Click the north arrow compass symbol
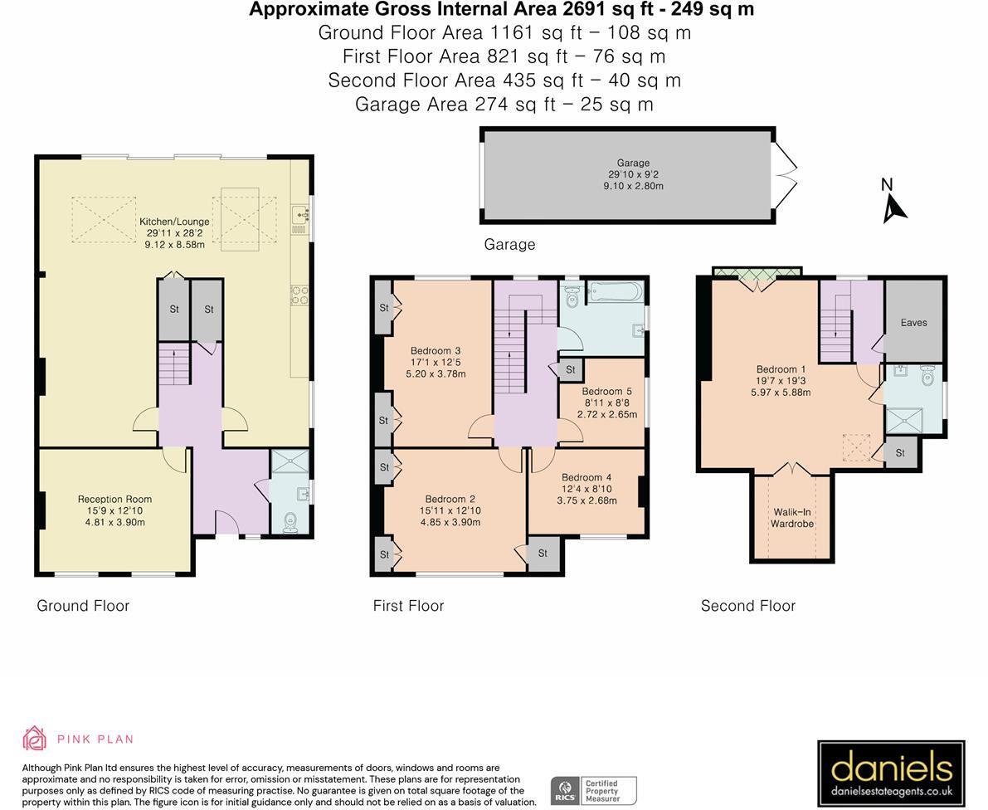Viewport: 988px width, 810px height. tap(893, 202)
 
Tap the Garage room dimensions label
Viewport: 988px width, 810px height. tap(633, 175)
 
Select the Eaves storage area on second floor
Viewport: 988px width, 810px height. tap(913, 322)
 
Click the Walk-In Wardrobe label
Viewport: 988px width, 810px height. tap(791, 518)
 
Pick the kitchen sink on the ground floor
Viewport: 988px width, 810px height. tap(299, 217)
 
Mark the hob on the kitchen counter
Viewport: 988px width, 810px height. tap(299, 295)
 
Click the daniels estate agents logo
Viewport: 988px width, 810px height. tap(890, 773)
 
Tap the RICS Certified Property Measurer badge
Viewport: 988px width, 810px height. tap(594, 790)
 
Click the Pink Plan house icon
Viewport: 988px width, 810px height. tap(34, 738)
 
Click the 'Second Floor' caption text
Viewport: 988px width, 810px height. tap(747, 606)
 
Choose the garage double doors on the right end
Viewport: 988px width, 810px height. tap(785, 174)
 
